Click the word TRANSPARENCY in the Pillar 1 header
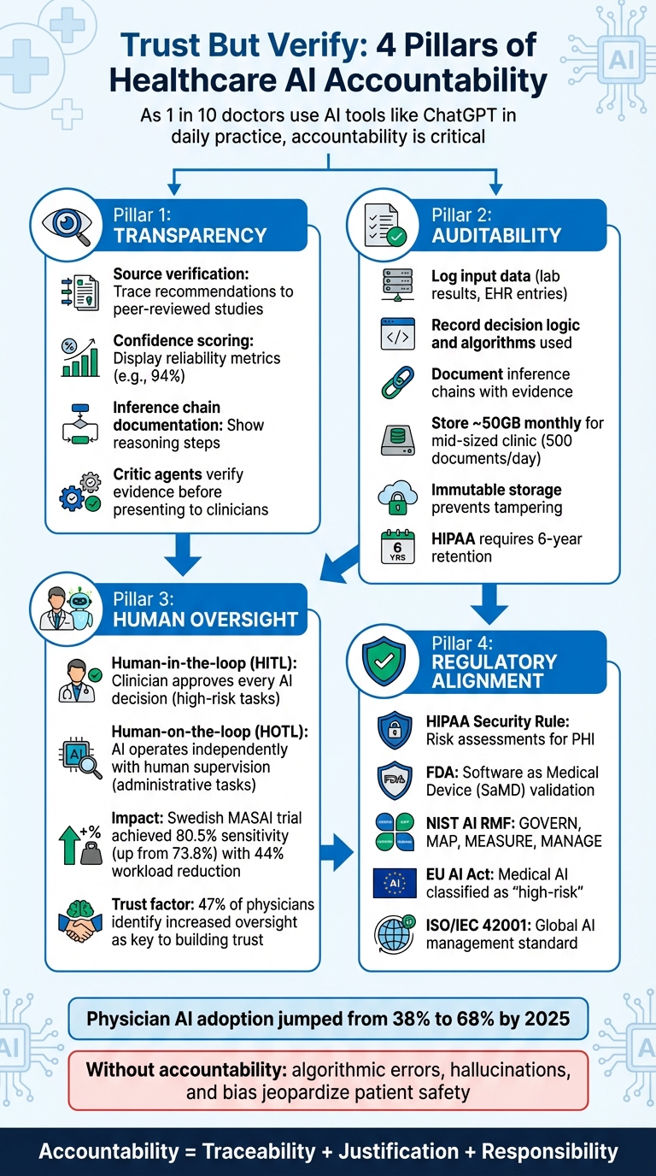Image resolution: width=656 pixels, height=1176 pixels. click(x=190, y=235)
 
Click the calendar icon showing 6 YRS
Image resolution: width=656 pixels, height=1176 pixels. click(x=397, y=546)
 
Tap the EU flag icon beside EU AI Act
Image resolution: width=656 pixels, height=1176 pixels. click(x=395, y=882)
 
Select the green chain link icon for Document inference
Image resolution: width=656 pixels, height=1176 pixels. click(x=397, y=382)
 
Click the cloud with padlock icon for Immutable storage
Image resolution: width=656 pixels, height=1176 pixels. click(x=397, y=497)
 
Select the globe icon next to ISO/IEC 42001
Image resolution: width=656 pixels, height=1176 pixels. click(x=395, y=934)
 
